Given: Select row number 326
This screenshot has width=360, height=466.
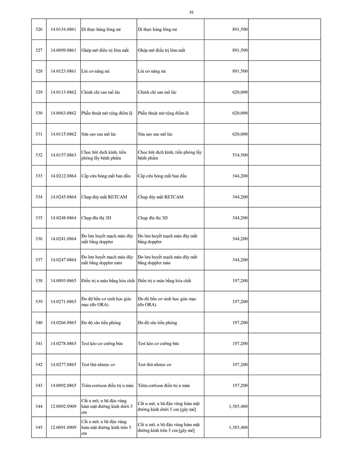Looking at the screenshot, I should (x=39, y=29).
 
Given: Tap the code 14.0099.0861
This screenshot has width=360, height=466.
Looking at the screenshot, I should (x=63, y=50).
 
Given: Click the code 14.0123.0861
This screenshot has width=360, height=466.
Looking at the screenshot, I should (x=63, y=71).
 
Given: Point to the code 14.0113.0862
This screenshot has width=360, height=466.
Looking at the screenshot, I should (x=63, y=92).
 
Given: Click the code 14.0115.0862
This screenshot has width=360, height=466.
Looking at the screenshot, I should (x=63, y=134).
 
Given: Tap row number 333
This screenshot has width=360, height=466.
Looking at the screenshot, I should (x=39, y=176).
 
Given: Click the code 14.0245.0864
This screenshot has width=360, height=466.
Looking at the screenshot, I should (x=63, y=197).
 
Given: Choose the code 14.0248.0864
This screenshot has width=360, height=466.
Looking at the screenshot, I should (x=63, y=218).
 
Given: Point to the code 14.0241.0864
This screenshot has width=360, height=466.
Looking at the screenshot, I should (x=63, y=239).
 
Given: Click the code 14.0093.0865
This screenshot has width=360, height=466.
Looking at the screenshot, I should (x=63, y=281).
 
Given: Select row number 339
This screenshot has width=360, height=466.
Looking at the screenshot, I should (x=39, y=301).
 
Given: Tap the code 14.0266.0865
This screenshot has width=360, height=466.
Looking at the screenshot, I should (x=63, y=323).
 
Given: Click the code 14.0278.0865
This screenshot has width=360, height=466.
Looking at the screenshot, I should (x=63, y=344).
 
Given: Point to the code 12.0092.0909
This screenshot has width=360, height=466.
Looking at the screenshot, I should (x=63, y=406).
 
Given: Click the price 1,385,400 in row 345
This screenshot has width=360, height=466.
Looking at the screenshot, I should (x=238, y=428).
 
